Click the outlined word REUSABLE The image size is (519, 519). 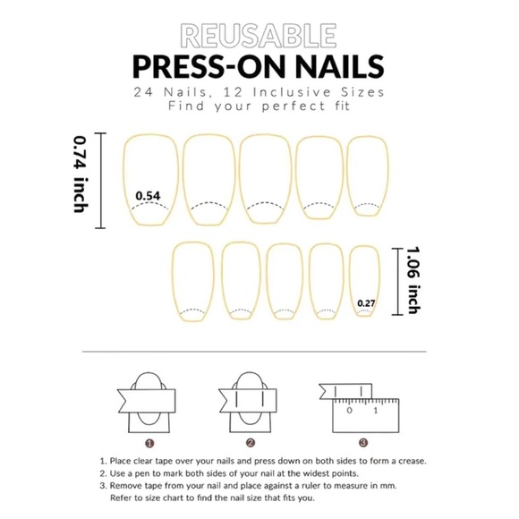(259, 35)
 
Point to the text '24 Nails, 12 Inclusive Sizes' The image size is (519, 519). (259, 92)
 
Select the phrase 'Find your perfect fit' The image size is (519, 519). (259, 106)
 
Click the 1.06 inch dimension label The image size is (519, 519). (413, 280)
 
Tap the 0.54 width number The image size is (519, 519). (147, 195)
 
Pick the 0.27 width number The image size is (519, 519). (365, 303)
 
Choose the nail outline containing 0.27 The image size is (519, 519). (363, 281)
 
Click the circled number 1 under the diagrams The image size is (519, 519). (149, 442)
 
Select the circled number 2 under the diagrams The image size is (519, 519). (251, 442)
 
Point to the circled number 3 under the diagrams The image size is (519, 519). (362, 442)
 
